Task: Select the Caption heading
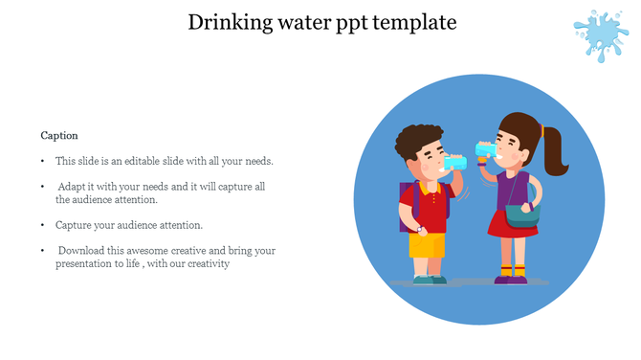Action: click(x=59, y=136)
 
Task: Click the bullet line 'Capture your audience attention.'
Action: click(x=129, y=225)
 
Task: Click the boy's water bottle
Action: click(x=456, y=163)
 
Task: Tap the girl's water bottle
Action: click(x=486, y=149)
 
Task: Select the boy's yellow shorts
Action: click(x=426, y=247)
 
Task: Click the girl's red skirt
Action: click(x=506, y=226)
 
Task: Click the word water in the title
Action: click(x=303, y=21)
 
